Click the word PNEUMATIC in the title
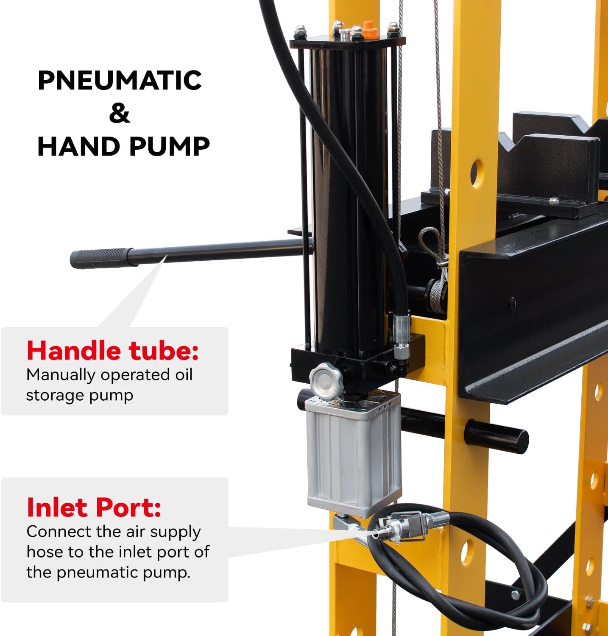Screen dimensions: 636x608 click(x=120, y=80)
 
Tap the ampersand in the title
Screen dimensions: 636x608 click(x=119, y=113)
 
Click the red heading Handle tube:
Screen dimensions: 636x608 click(x=112, y=351)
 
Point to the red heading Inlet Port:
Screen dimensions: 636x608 click(x=94, y=507)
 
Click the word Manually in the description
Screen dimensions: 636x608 click(x=61, y=375)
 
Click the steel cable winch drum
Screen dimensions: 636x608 click(x=437, y=293)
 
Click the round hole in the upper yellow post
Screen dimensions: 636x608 click(x=476, y=173)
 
